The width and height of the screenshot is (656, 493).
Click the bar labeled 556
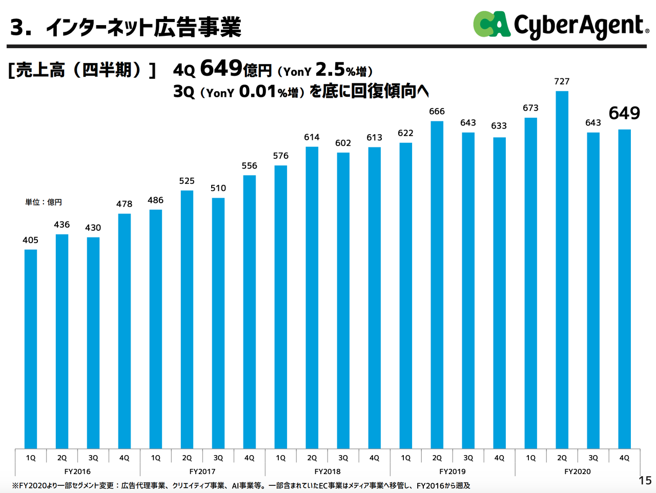pyautogui.click(x=249, y=312)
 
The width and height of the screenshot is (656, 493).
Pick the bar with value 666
pyautogui.click(x=437, y=285)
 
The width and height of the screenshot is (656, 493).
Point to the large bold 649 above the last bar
pyautogui.click(x=624, y=113)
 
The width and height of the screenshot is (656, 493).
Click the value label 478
pyautogui.click(x=124, y=204)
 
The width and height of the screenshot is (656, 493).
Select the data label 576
pyautogui.click(x=280, y=156)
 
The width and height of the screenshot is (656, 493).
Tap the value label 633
pyautogui.click(x=499, y=126)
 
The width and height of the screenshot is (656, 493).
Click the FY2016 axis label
pyautogui.click(x=77, y=471)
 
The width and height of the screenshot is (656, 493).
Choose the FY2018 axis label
pyautogui.click(x=327, y=471)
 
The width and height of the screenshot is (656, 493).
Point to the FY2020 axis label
pyautogui.click(x=577, y=471)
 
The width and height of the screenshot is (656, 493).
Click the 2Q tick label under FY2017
pyautogui.click(x=187, y=458)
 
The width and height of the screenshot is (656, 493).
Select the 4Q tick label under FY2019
pyautogui.click(x=499, y=458)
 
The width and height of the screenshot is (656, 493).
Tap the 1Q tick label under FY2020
pyautogui.click(x=530, y=458)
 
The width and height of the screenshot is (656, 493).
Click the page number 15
pyautogui.click(x=645, y=480)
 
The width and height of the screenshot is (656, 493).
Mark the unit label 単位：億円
pyautogui.click(x=44, y=202)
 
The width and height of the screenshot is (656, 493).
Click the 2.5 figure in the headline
pyautogui.click(x=330, y=69)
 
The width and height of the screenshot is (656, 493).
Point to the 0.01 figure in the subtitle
pyautogui.click(x=258, y=92)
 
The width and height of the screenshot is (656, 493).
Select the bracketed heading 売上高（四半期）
pyautogui.click(x=82, y=70)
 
